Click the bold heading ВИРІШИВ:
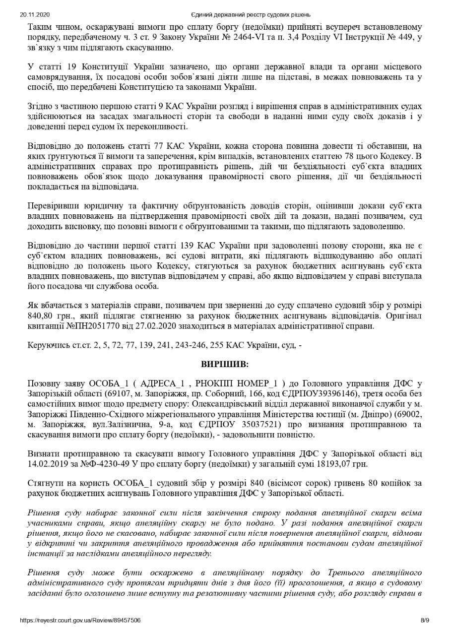click(225, 364)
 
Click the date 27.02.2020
click(140, 326)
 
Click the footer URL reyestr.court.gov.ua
click(80, 620)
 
